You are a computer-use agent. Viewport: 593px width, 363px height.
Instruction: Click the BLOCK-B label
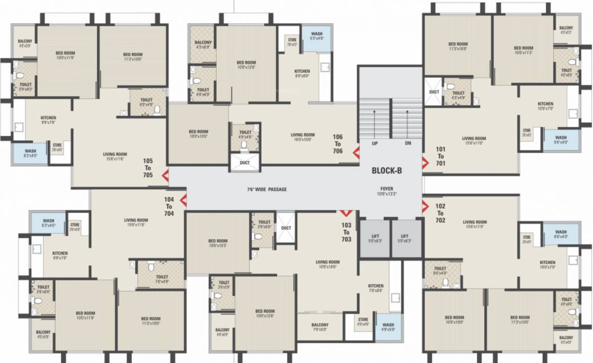click(x=386, y=171)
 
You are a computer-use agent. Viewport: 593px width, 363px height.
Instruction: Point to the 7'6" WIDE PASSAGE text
click(x=267, y=190)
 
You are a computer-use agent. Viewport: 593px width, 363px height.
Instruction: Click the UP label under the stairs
click(x=375, y=143)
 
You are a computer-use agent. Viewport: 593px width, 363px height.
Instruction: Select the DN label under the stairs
click(x=408, y=143)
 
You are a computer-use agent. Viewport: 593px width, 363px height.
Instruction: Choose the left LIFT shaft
click(x=375, y=239)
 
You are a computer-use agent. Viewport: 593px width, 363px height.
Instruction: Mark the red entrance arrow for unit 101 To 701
click(x=425, y=163)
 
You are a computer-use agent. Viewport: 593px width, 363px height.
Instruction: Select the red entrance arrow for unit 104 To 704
click(x=183, y=201)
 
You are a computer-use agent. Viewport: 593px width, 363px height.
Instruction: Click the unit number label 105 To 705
click(x=148, y=168)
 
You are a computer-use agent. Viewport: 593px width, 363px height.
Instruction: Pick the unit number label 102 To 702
click(x=440, y=213)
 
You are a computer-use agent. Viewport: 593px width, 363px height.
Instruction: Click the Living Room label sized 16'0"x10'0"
click(x=303, y=137)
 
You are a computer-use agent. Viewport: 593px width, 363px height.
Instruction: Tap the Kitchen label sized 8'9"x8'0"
click(x=302, y=73)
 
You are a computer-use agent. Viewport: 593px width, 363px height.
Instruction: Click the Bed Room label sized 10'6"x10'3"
click(x=218, y=243)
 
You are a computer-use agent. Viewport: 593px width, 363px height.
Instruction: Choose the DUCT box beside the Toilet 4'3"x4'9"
click(x=434, y=92)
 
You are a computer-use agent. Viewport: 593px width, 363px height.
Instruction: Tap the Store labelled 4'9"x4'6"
click(x=363, y=322)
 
